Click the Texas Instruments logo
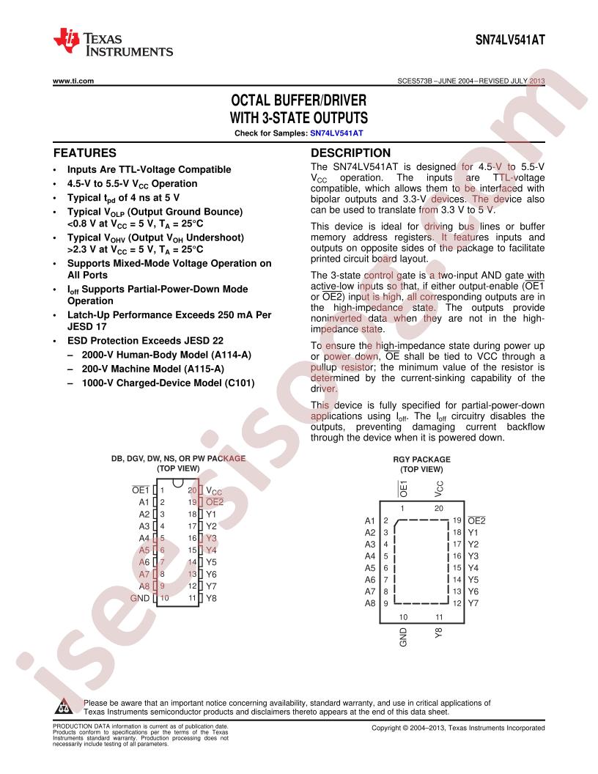tap(113, 43)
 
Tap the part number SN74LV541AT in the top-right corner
tap(510, 40)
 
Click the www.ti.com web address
tap(73, 81)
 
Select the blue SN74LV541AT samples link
tap(336, 133)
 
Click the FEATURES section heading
tap(85, 153)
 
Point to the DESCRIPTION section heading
tap(350, 153)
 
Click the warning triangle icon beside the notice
tap(64, 707)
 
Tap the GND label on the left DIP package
tap(140, 598)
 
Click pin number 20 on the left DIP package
tap(192, 490)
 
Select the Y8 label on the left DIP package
tap(211, 598)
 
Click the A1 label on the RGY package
tap(369, 521)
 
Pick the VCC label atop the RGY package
tap(439, 489)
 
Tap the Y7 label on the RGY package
tap(473, 603)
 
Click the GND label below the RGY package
tap(403, 637)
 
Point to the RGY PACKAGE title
tap(421, 459)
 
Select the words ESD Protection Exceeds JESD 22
tap(145, 341)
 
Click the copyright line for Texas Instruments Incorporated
tap(458, 728)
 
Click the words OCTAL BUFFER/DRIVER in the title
tap(298, 100)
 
